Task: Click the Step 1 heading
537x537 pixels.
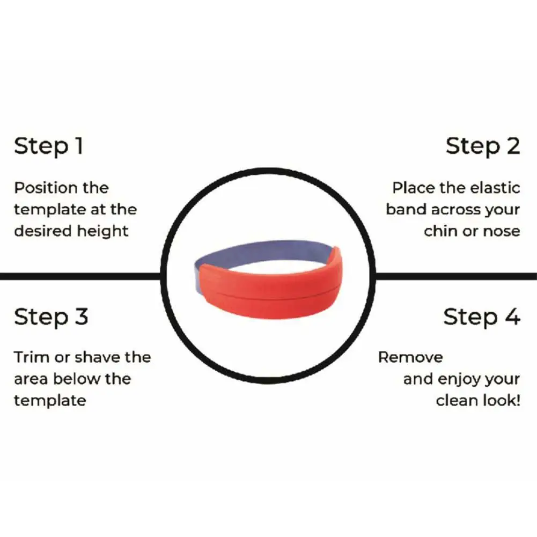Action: coord(48,146)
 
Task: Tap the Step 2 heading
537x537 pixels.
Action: coord(483,146)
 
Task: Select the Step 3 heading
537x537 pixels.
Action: coord(51,317)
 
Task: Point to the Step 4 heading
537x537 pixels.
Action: coord(482,317)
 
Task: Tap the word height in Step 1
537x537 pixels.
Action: coord(103,231)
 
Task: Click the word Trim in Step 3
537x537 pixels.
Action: coord(32,357)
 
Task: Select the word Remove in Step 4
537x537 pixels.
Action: coord(410,357)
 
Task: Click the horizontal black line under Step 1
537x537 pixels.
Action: coord(80,276)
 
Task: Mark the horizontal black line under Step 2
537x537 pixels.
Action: coord(456,276)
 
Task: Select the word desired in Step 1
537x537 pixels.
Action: coord(43,231)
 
